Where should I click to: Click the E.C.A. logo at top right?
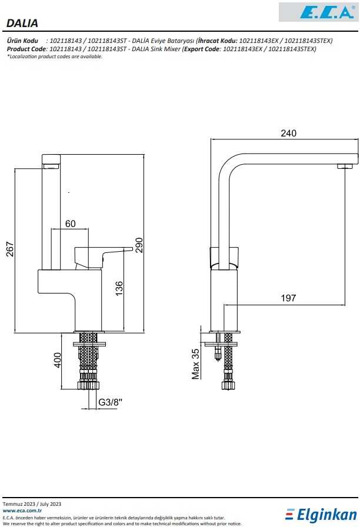tap(318, 12)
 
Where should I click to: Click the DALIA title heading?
tap(22, 24)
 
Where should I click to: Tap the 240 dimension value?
tap(288, 134)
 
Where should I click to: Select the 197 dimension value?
tap(288, 298)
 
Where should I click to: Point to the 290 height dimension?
tap(139, 245)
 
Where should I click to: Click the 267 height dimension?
tap(10, 249)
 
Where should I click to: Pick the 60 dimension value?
tap(71, 224)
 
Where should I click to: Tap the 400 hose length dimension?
tap(58, 360)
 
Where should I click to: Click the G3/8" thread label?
tap(110, 402)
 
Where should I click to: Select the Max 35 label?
tap(196, 363)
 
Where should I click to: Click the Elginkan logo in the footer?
tap(321, 515)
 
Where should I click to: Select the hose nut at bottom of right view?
tap(228, 386)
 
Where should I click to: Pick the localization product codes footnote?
tap(55, 56)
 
